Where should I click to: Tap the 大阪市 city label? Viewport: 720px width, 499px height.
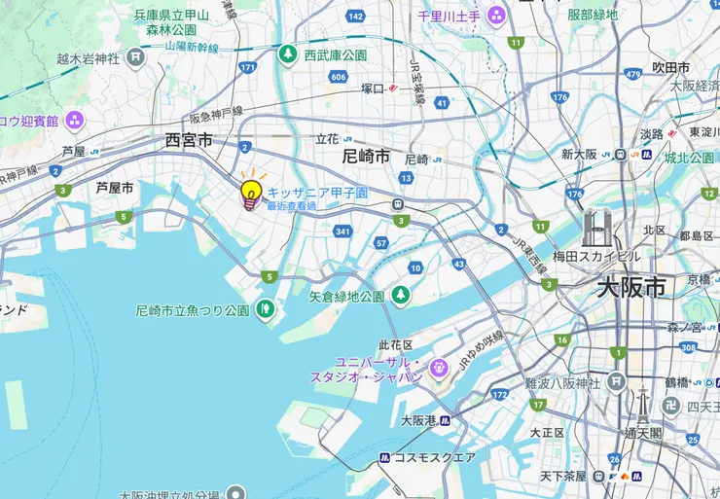(631, 288)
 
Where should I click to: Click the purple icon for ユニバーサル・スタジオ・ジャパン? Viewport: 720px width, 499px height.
(439, 368)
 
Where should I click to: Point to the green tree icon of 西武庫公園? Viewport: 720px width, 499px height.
(288, 54)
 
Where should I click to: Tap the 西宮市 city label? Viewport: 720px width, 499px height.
(189, 142)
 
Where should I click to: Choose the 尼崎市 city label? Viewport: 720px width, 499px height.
(366, 156)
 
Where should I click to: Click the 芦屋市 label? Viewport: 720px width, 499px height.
(115, 187)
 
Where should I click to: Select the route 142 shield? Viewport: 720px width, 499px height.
(355, 17)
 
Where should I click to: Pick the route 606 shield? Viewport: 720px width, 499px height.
(339, 77)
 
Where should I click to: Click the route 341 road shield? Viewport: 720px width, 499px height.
(342, 232)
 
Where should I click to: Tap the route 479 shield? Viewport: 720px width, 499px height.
(633, 74)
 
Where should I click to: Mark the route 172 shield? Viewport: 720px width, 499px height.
(499, 395)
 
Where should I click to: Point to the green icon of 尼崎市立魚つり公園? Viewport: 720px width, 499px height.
(264, 311)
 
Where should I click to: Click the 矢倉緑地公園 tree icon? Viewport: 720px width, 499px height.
(400, 295)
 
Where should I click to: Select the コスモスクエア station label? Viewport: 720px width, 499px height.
(435, 457)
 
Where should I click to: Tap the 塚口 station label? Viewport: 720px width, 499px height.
(373, 89)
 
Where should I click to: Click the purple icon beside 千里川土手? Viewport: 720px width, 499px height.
(496, 16)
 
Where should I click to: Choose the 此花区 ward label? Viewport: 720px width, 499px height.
(396, 345)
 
